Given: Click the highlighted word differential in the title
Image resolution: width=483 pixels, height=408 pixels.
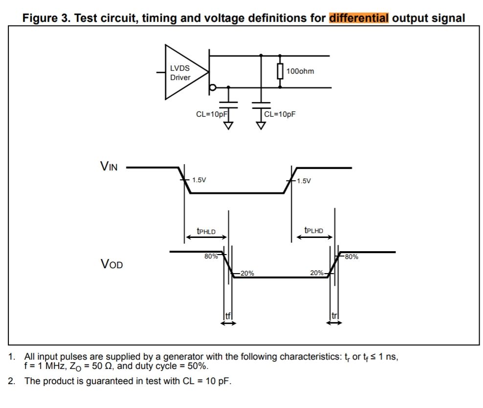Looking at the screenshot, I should pyautogui.click(x=359, y=19).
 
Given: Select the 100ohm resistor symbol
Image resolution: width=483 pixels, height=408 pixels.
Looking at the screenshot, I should pyautogui.click(x=280, y=71).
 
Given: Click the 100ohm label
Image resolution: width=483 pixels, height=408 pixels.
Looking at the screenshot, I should pyautogui.click(x=300, y=71).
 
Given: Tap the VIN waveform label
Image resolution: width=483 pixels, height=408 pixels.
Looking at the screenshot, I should pyautogui.click(x=109, y=166).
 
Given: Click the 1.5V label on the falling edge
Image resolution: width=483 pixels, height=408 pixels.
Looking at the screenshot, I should pyautogui.click(x=199, y=180).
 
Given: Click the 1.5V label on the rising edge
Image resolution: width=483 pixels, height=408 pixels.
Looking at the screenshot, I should pyautogui.click(x=304, y=181).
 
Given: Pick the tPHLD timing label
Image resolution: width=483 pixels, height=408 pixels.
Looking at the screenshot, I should pyautogui.click(x=206, y=230).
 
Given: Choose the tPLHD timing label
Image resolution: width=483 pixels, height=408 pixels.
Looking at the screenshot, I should pyautogui.click(x=313, y=230).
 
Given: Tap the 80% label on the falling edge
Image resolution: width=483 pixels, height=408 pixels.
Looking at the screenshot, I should pyautogui.click(x=211, y=257).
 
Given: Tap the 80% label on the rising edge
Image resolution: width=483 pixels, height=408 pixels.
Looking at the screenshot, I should pyautogui.click(x=351, y=257).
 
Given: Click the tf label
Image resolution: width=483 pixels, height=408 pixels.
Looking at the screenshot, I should pyautogui.click(x=228, y=316).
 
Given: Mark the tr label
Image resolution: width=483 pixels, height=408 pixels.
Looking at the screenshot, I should pyautogui.click(x=335, y=316).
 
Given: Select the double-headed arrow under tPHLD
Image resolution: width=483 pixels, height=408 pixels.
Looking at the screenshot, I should pyautogui.click(x=206, y=237).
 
